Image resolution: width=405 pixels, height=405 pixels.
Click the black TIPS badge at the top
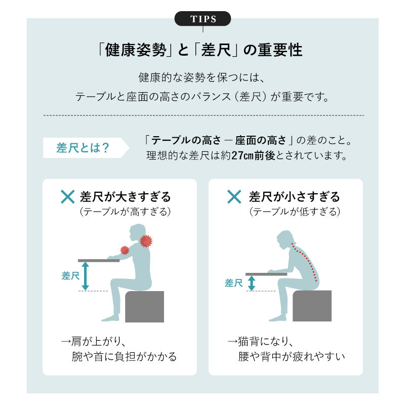pos(202,19)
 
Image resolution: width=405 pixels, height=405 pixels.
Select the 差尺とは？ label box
pos(83,148)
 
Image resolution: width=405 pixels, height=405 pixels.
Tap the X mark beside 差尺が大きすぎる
pos(68,196)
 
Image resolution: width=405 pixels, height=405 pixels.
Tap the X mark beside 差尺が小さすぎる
pos(234,196)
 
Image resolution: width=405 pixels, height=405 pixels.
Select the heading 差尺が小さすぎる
pos(294,196)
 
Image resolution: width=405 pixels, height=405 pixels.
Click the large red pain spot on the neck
pos(146,241)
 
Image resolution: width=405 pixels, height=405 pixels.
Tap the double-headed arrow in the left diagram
pos(86,276)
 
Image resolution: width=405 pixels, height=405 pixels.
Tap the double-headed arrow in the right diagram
pos(252,283)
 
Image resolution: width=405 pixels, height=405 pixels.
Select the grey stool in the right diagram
pos(312,306)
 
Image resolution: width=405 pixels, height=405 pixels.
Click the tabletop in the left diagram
pos(99,260)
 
